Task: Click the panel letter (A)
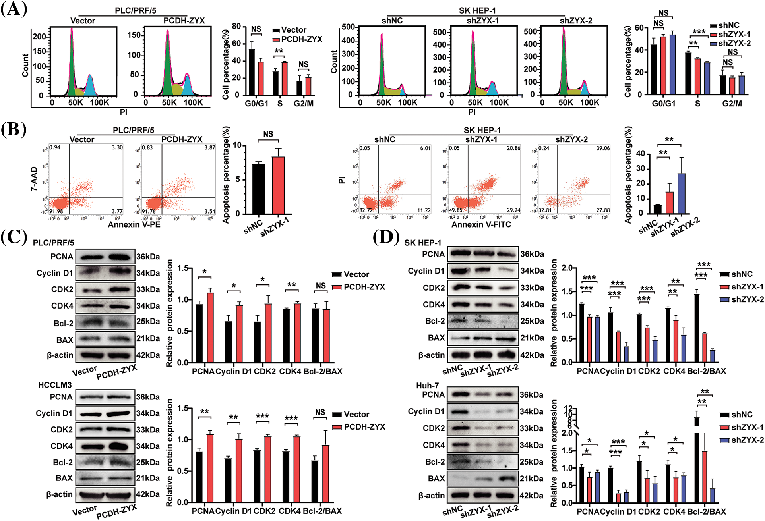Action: point(14,9)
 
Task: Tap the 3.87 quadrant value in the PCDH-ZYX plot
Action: point(209,147)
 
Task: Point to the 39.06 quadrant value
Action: point(603,148)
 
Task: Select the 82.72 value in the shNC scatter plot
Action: point(366,210)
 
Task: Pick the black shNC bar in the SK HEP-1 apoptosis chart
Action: point(657,209)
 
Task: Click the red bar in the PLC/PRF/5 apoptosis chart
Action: point(278,185)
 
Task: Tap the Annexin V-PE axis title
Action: point(134,225)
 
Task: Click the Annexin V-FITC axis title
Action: point(481,225)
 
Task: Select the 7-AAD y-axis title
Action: point(34,179)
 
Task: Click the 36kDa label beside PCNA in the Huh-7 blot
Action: point(532,395)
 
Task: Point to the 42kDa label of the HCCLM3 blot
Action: point(148,494)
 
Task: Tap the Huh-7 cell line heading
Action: point(427,385)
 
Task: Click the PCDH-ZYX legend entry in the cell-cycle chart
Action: point(301,39)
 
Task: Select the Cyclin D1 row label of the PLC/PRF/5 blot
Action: point(54,273)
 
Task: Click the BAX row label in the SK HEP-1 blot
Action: point(436,338)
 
